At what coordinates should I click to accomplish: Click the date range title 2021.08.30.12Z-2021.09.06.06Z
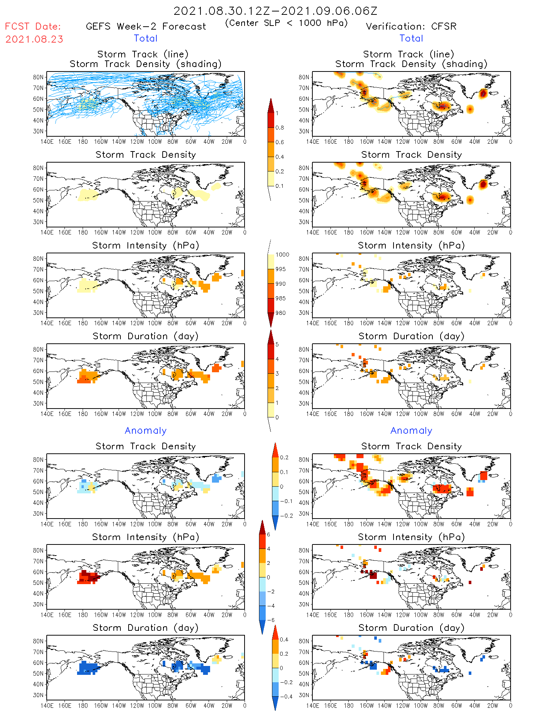pos(275,11)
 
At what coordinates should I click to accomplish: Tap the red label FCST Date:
pos(33,27)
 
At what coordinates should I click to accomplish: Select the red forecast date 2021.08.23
pos(34,39)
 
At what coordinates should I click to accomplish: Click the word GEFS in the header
pos(98,27)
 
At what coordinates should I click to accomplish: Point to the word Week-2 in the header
pos(136,27)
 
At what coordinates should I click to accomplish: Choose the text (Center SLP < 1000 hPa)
pos(286,23)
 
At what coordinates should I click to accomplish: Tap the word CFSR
pos(444,27)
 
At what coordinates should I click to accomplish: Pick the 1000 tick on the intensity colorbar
pos(282,255)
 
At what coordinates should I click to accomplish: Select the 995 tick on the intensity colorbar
pos(281,269)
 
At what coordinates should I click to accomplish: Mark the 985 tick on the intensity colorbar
pos(281,299)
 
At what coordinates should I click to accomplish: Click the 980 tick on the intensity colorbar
pos(281,313)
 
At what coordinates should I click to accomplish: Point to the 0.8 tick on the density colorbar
pos(280,128)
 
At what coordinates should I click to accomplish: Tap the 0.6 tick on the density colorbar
pos(280,142)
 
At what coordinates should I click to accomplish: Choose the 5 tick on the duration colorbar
pos(277,344)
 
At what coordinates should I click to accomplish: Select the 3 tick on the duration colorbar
pos(277,374)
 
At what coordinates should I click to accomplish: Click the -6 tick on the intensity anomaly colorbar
pos(270,620)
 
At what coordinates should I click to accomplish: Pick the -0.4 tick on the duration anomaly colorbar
pos(284,696)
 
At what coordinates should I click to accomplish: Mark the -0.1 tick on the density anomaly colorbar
pos(286,501)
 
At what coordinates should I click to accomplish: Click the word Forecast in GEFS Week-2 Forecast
pos(184,27)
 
